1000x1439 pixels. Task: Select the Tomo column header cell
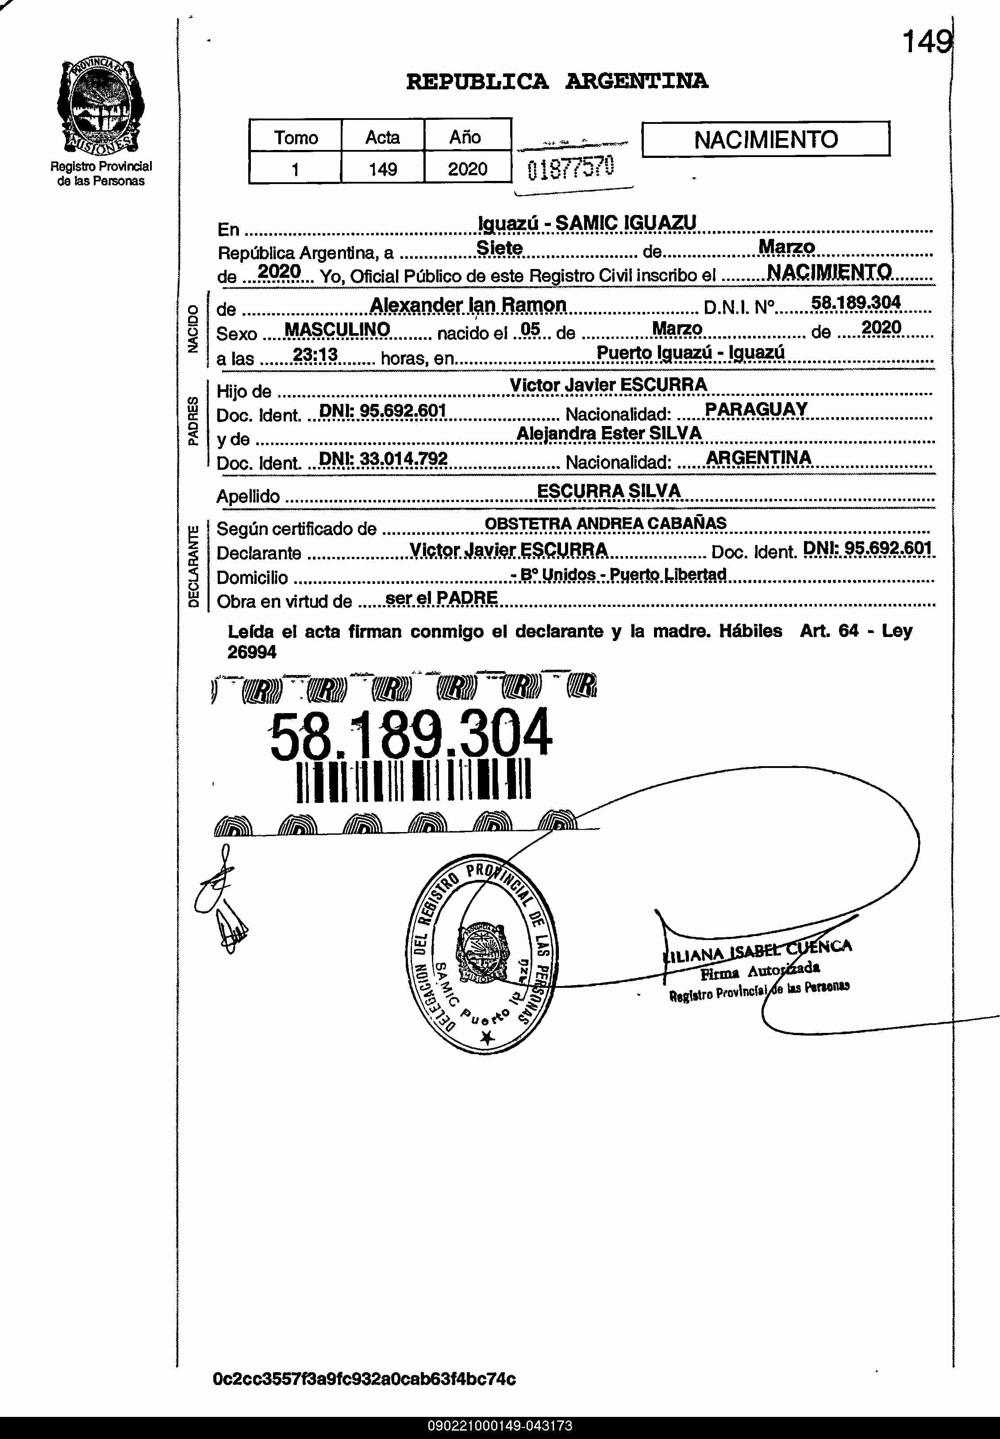[295, 137]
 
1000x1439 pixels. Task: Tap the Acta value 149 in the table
[382, 169]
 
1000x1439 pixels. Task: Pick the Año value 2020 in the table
[467, 169]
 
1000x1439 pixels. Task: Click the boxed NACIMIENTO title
[765, 139]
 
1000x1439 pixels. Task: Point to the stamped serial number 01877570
[571, 167]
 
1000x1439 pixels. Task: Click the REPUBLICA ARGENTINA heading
[557, 81]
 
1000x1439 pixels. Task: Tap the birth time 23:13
[315, 355]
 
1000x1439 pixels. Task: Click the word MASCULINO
[337, 330]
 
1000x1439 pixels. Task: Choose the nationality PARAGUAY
[756, 409]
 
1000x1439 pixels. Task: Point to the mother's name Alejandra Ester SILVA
[608, 434]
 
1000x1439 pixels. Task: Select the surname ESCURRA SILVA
[608, 491]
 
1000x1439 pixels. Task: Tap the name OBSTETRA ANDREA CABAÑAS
[605, 523]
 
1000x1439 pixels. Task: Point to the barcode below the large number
[414, 781]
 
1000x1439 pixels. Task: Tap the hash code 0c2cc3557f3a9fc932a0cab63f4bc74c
[364, 1379]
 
